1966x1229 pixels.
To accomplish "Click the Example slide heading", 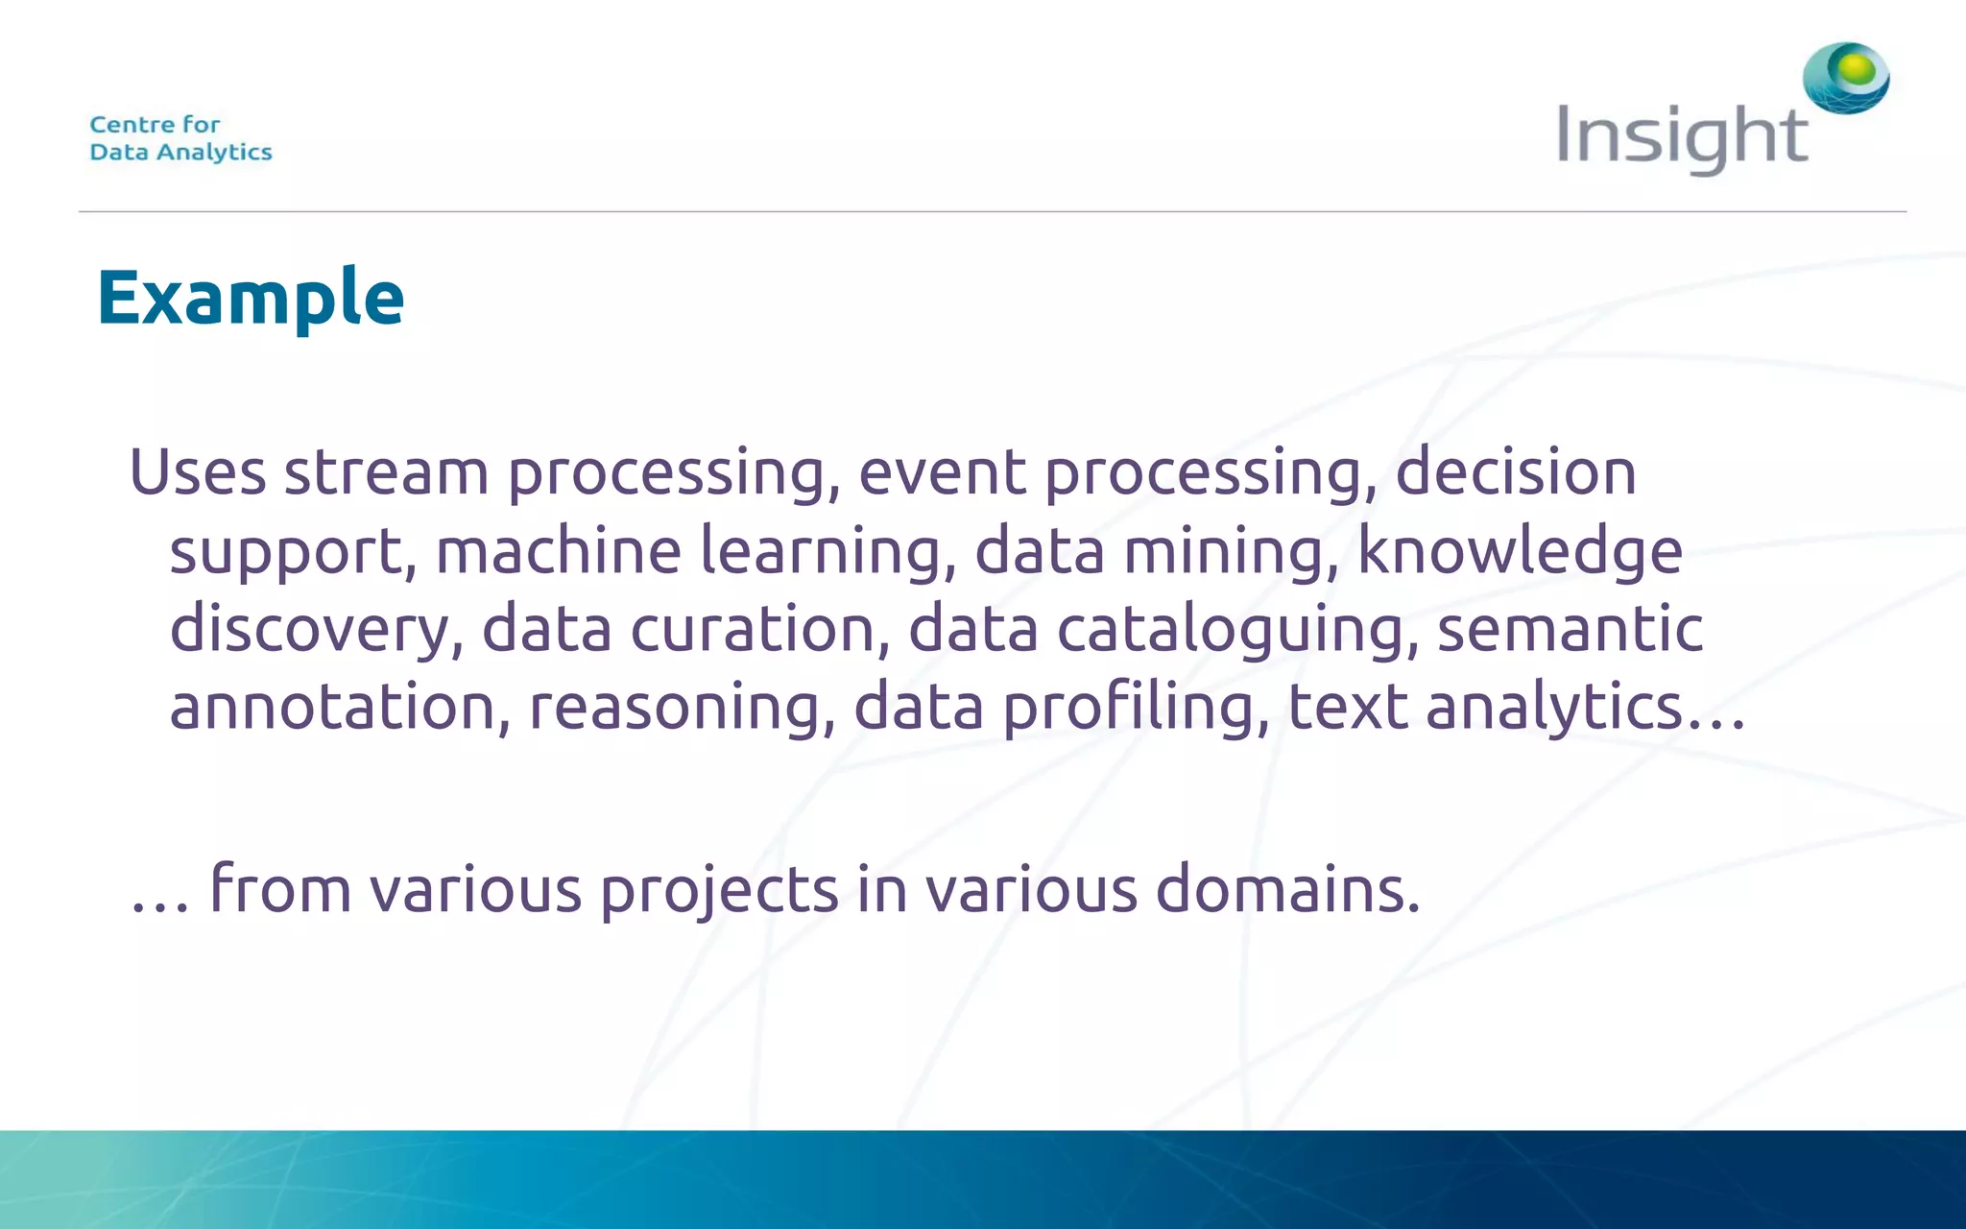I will (x=251, y=298).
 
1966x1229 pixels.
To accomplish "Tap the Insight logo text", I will (x=1682, y=137).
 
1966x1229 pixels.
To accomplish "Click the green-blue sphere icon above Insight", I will (x=1846, y=77).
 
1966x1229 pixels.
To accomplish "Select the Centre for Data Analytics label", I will (x=180, y=138).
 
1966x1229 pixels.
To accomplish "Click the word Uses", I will (x=197, y=472).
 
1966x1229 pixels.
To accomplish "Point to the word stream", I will (x=386, y=472).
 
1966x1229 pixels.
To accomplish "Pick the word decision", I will (x=1515, y=472).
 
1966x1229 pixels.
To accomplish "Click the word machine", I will (x=558, y=551).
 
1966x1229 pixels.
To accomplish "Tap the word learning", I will (x=827, y=553).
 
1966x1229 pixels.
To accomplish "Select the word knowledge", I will (x=1520, y=553).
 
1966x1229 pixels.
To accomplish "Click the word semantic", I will (x=1570, y=630).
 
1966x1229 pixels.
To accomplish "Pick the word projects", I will (x=719, y=891).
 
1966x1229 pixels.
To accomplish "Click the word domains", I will (x=1286, y=889).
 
